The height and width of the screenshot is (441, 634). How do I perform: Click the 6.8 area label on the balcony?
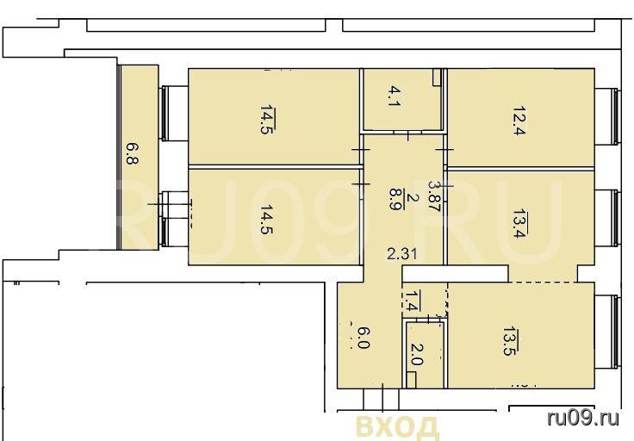point(132,153)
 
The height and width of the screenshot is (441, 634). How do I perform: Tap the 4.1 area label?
point(394,96)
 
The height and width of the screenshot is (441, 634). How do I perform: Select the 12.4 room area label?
point(519,121)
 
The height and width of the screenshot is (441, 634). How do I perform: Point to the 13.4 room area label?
point(519,224)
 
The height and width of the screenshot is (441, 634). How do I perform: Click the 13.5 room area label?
point(509,341)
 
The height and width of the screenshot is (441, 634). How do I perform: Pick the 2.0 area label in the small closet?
point(416,354)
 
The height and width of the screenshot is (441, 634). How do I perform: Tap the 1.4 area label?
point(411,301)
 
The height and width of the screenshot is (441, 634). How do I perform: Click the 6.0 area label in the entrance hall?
point(363,338)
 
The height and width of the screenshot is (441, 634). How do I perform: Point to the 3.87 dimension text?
point(434,196)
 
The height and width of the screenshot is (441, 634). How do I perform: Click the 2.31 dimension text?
point(402,254)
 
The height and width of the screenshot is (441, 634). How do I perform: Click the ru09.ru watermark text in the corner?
point(582,418)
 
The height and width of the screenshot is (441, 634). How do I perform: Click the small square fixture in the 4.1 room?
point(436,78)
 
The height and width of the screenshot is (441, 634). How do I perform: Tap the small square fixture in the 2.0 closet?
point(411,381)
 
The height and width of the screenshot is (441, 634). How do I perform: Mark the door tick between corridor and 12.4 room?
point(444,150)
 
